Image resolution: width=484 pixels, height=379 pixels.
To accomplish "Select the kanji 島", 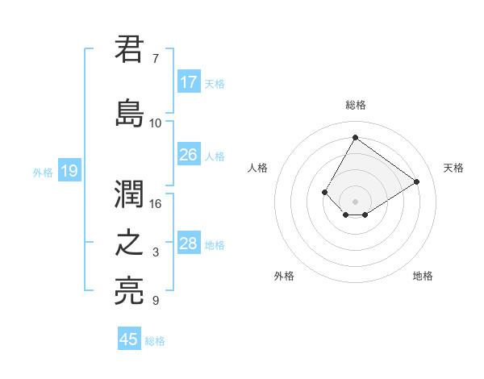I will [130, 113].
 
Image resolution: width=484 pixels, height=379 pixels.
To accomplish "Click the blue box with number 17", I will [189, 82].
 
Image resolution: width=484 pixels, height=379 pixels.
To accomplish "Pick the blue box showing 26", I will [189, 155].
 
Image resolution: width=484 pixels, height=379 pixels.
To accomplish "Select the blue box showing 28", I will [189, 244].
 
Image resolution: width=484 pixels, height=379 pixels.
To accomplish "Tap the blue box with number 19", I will [69, 171].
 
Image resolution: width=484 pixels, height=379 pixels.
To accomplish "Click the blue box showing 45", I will [129, 339].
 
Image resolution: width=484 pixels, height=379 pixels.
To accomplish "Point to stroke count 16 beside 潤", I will [155, 203].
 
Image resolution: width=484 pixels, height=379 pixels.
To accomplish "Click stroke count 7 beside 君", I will [155, 59].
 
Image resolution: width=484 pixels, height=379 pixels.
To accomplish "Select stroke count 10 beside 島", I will [155, 123].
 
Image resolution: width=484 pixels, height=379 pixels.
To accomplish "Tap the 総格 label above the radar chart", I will [355, 105].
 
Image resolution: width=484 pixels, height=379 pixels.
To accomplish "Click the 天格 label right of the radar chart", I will [453, 168].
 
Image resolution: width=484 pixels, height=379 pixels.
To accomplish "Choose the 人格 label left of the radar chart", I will [258, 168].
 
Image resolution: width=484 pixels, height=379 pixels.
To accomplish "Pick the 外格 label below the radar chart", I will [284, 276].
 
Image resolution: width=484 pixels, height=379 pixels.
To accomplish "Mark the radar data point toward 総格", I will [355, 137].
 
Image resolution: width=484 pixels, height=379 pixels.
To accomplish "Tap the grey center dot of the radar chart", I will [355, 201].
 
